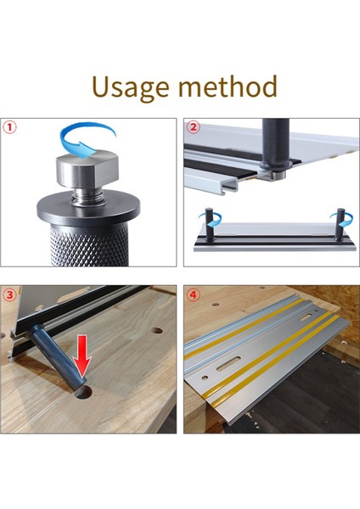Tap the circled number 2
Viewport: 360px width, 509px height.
click(194, 128)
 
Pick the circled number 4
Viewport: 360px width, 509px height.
click(194, 296)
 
